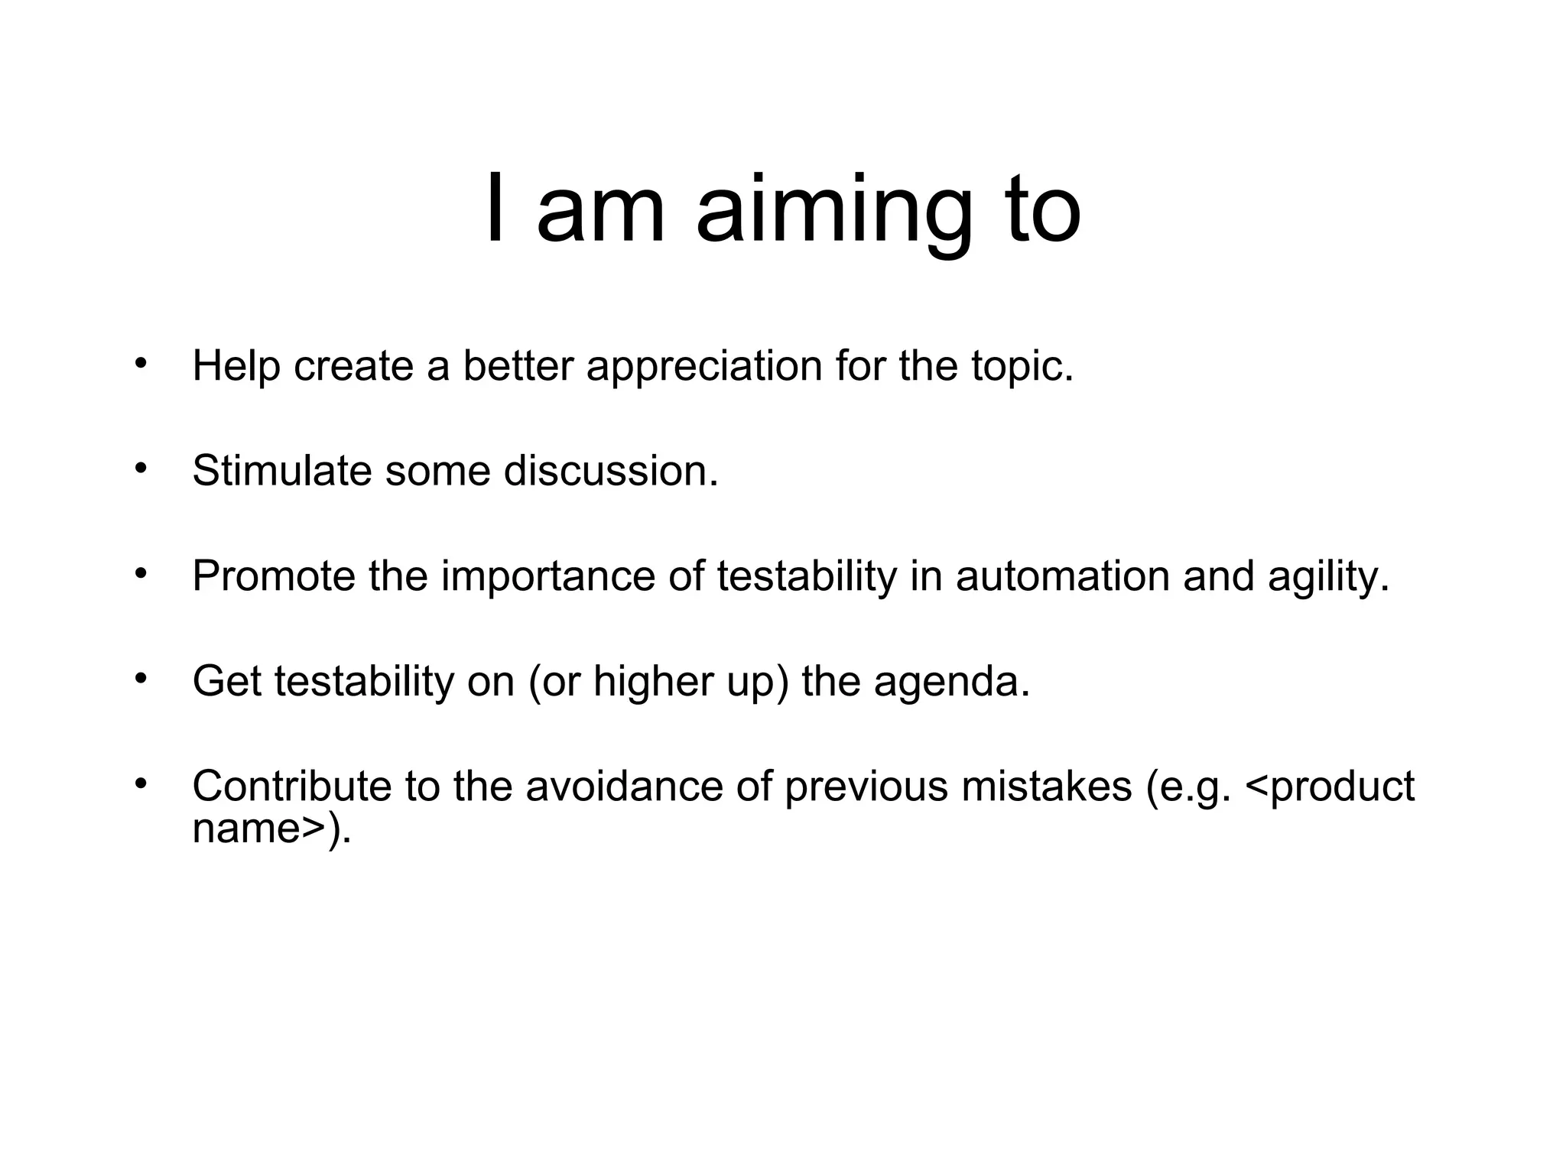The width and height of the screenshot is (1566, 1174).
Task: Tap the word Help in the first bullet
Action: tap(236, 366)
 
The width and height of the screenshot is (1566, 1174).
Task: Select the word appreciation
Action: tap(704, 366)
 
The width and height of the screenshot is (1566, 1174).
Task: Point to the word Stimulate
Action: tap(281, 471)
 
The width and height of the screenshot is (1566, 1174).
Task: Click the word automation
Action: tap(1062, 576)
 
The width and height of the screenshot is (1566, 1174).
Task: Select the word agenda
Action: tap(951, 683)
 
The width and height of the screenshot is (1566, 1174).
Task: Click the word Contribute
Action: tap(291, 786)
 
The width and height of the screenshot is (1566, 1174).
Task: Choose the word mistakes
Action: tap(1046, 786)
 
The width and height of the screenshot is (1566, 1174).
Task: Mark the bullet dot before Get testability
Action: tap(140, 678)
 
